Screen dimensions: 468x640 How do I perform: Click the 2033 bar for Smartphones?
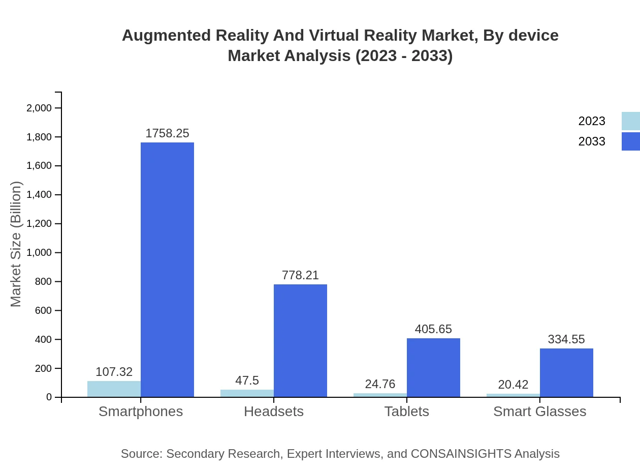point(167,270)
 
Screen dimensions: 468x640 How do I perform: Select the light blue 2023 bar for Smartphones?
point(114,389)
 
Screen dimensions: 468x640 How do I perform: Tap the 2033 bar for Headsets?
point(300,340)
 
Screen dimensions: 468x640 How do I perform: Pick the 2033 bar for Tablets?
point(433,367)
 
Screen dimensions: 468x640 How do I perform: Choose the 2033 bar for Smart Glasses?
point(566,372)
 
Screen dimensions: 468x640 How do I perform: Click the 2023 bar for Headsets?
point(247,393)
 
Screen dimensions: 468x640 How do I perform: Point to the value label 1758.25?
point(167,133)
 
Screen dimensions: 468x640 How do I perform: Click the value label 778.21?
point(300,275)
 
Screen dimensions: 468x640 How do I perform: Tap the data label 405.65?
point(433,329)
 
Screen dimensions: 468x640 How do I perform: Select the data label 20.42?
point(513,385)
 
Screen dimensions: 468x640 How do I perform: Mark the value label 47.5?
point(247,381)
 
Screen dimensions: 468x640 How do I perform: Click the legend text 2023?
point(592,121)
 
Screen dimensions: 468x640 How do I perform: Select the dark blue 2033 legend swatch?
point(630,141)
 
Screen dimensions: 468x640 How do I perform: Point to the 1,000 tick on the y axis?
point(39,253)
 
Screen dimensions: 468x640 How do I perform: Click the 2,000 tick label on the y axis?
point(39,108)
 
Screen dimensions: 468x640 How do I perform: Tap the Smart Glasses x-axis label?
point(539,411)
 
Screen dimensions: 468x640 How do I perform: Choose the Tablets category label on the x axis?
point(406,411)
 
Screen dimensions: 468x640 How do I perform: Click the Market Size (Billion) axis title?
point(16,244)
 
